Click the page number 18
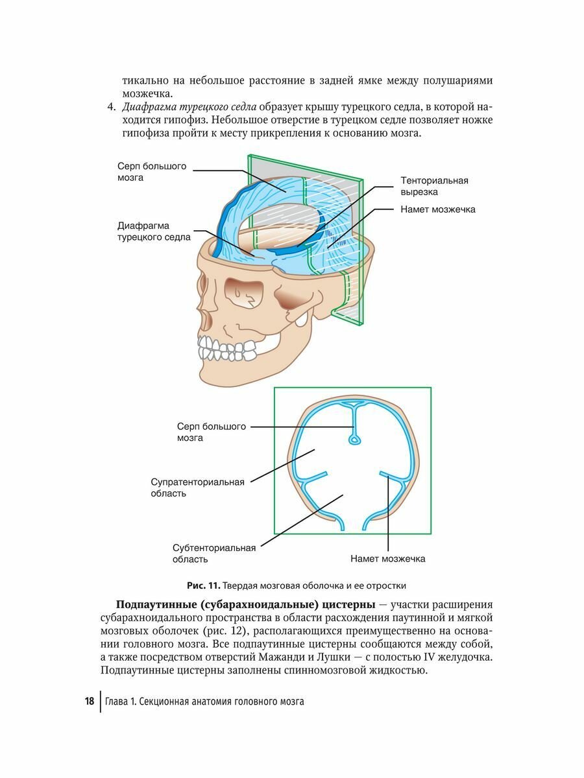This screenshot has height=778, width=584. (x=89, y=701)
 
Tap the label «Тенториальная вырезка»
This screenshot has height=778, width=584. (x=434, y=186)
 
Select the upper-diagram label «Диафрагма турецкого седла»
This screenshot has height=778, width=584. (x=154, y=231)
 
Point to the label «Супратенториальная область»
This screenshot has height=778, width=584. (x=197, y=488)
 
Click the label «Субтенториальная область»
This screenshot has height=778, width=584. (x=213, y=553)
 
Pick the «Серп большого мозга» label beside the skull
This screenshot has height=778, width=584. (x=152, y=171)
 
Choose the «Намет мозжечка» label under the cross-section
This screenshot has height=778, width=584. (x=388, y=558)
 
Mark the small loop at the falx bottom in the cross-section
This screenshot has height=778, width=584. (x=354, y=440)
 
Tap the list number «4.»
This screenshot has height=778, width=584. (x=111, y=106)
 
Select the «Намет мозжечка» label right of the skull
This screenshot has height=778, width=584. (x=438, y=209)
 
